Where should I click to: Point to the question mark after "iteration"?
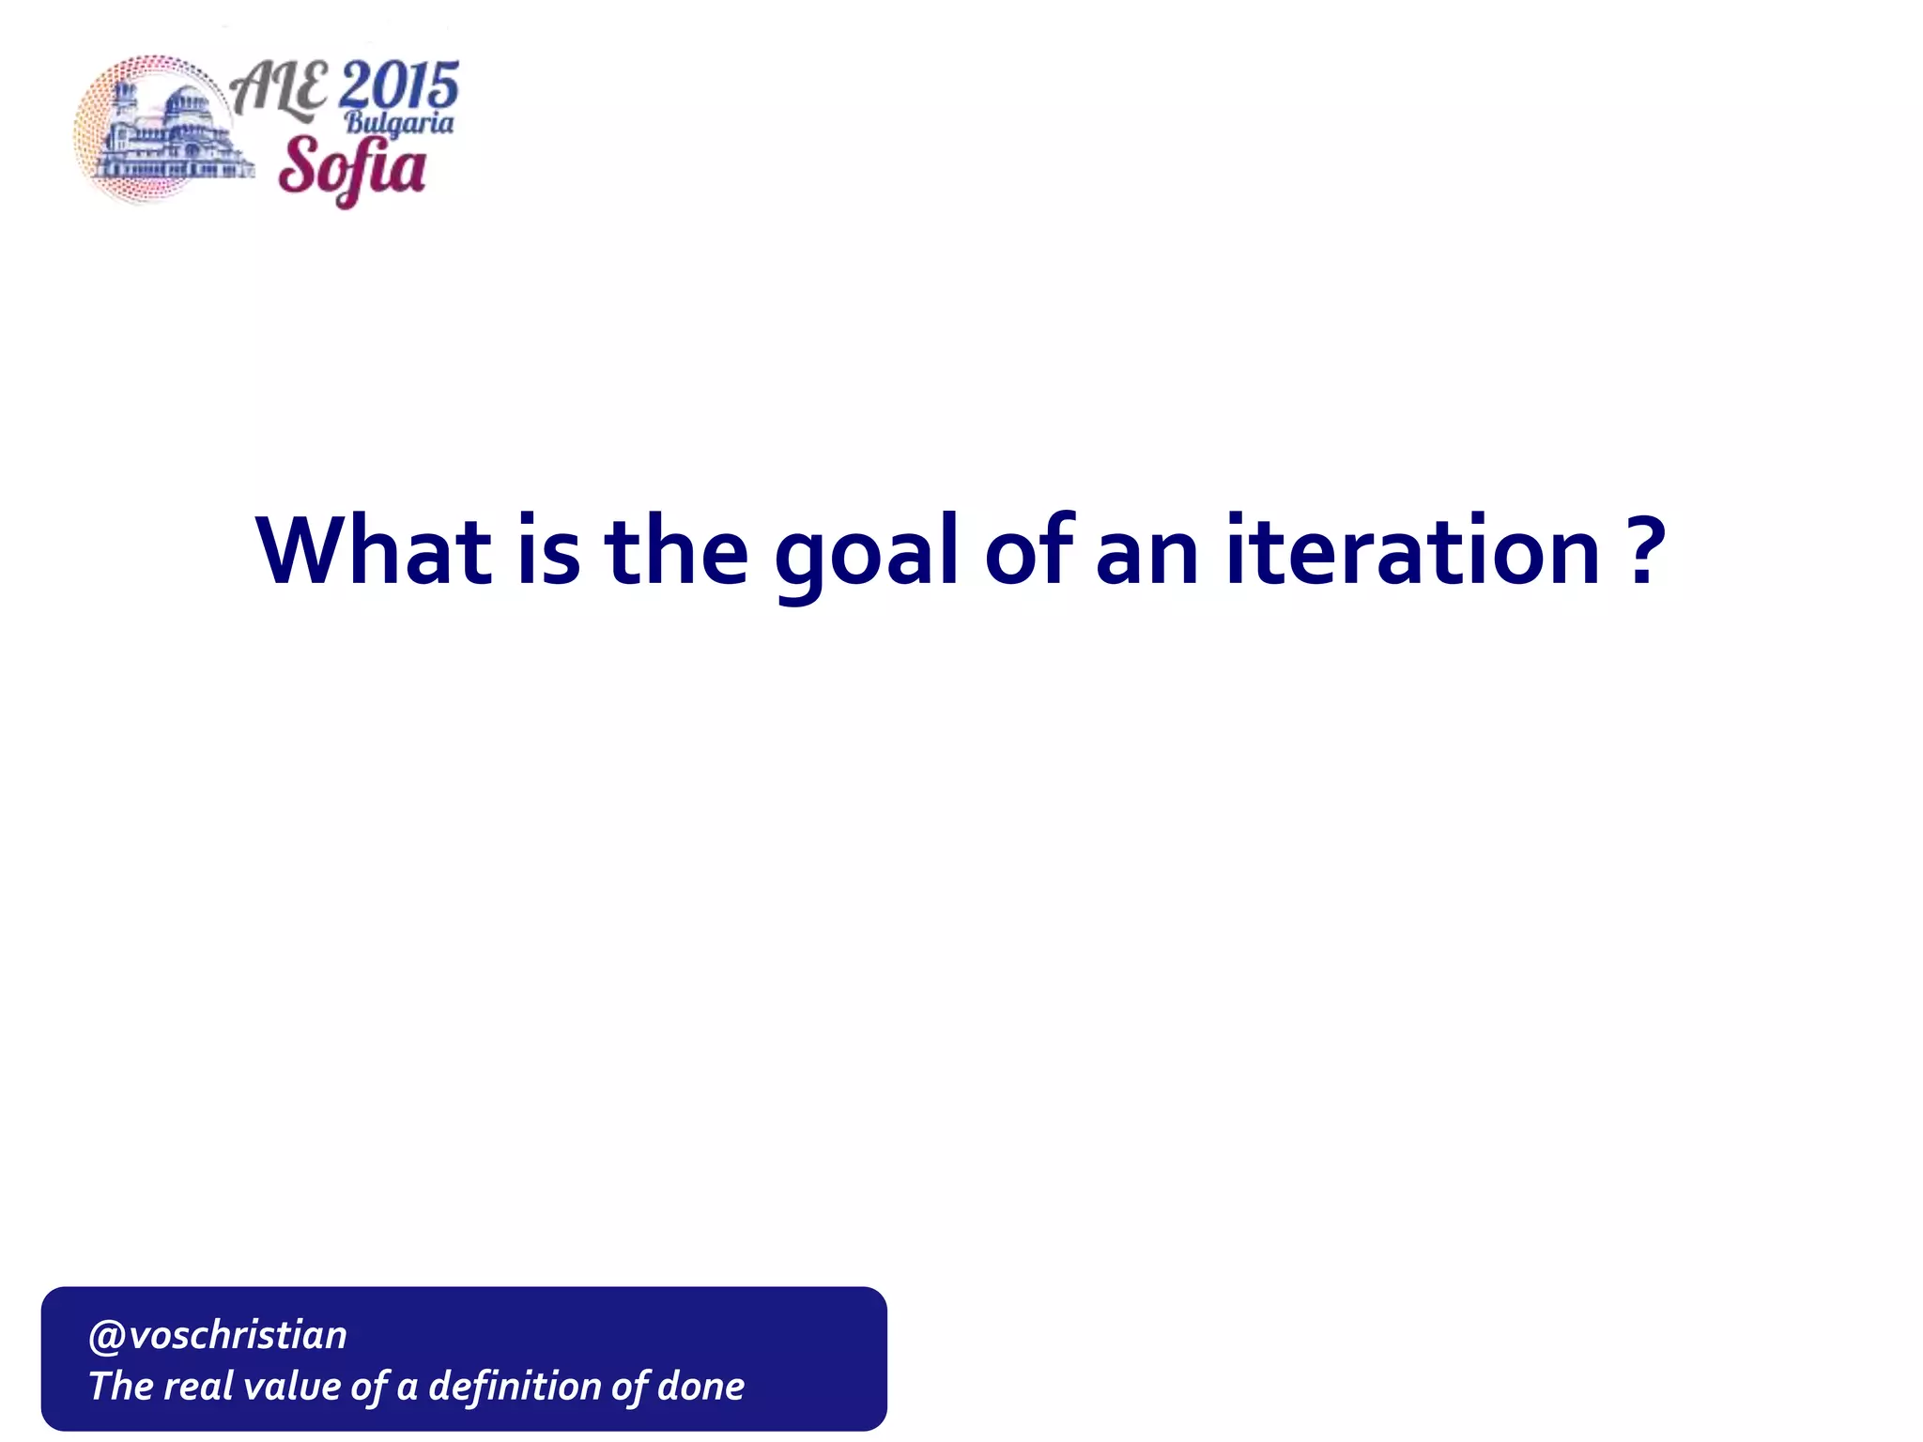tap(1644, 551)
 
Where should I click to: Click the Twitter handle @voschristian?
tap(218, 1335)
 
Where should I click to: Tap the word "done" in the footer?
tap(700, 1387)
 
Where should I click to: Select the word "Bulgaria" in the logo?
tap(399, 123)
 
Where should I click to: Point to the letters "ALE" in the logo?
tap(279, 90)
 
